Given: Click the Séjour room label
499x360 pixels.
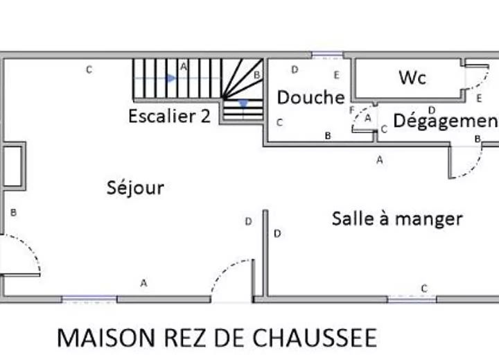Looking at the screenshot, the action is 135,188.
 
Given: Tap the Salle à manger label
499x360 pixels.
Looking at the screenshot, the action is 397,219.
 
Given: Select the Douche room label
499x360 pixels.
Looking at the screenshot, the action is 311,97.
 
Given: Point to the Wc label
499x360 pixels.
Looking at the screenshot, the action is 412,78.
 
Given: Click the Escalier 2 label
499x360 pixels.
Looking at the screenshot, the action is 169,116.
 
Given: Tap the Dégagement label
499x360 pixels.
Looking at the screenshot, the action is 446,121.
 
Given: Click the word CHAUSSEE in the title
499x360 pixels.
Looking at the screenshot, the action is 315,338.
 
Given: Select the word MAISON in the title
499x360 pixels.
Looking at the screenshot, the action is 105,338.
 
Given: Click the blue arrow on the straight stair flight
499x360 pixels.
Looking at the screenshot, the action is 171,78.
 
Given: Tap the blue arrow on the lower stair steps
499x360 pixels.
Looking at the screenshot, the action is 243,103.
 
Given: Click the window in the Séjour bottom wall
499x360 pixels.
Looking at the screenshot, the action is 89,299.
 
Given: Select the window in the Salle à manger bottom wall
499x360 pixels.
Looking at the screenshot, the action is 412,299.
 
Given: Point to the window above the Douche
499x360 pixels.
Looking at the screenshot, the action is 327,55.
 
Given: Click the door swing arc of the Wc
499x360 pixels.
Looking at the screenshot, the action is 483,82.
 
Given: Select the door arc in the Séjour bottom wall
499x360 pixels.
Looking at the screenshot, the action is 225,268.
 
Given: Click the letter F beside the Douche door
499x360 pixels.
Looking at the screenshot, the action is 351,110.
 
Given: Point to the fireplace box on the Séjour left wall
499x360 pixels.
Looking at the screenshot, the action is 13,166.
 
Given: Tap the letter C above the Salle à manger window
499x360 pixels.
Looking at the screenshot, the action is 424,289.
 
